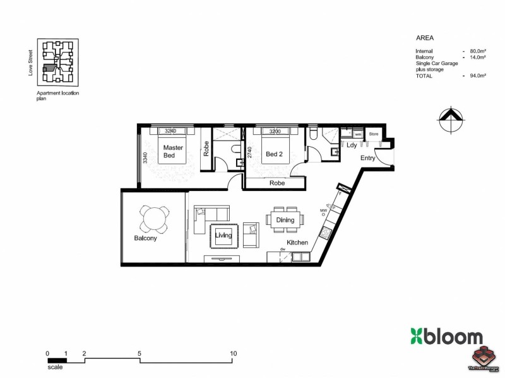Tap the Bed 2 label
tap(273, 154)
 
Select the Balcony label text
tap(145, 239)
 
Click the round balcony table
tap(155, 219)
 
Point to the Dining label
tap(285, 220)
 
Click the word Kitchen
tap(297, 243)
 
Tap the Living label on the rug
tap(223, 236)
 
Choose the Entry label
tap(367, 158)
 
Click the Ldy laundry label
tap(352, 145)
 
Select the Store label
tap(373, 134)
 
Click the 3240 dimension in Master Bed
tap(170, 131)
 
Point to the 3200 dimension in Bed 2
tap(275, 131)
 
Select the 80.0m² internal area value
tap(477, 50)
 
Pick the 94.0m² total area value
tap(477, 76)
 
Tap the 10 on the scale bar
tap(234, 353)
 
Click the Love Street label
tap(30, 65)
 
